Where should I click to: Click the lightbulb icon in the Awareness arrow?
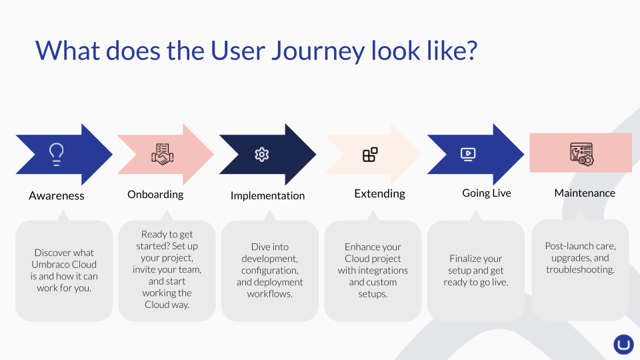(56, 154)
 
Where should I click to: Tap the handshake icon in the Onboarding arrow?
(163, 154)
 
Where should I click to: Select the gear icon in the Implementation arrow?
(261, 155)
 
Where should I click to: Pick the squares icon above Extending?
(370, 155)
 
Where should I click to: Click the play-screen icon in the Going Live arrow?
(468, 154)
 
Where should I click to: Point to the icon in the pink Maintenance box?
(581, 154)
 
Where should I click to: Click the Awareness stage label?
(56, 196)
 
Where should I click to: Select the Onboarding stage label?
(155, 194)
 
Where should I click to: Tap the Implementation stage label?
(267, 196)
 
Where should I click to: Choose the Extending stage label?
(379, 193)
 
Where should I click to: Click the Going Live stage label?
(487, 193)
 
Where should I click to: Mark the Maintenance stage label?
(585, 193)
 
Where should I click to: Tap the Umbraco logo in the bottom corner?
(623, 345)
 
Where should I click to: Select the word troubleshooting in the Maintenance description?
(580, 270)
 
